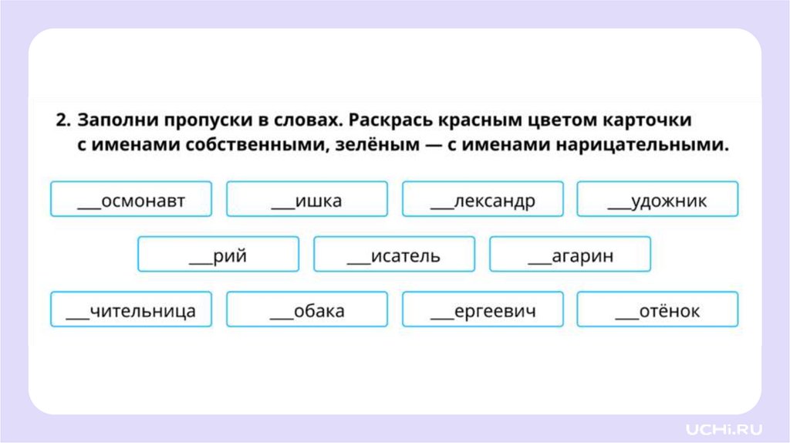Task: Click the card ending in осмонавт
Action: pos(131,199)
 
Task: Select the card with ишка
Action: pos(307,199)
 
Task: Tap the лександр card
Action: pos(483,199)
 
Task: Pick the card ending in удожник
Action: pos(657,199)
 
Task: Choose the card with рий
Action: pos(218,254)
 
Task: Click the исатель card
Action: pos(394,254)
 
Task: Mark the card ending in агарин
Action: pos(570,254)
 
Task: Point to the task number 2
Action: pos(62,121)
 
